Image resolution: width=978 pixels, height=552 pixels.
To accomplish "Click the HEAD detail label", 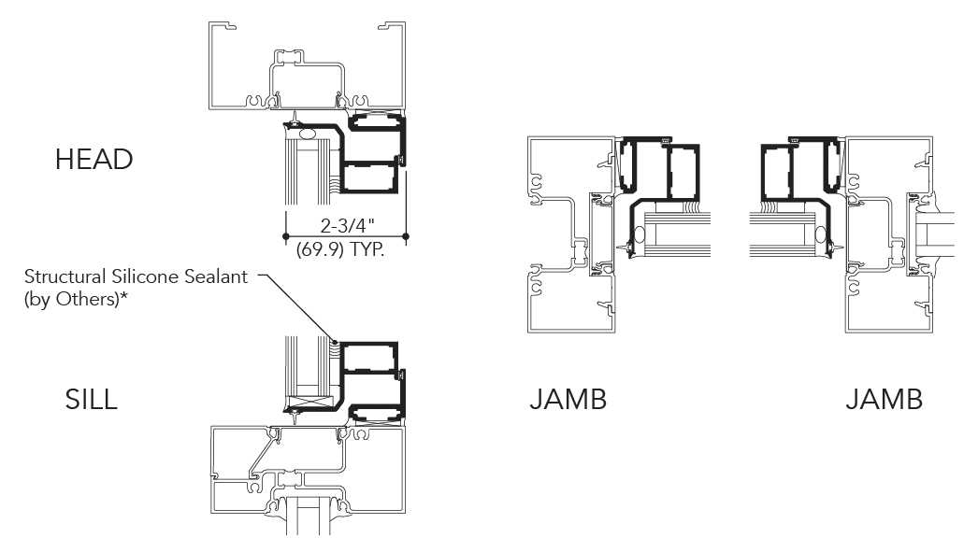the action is click(94, 160).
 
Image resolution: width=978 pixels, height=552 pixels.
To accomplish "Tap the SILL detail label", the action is click(91, 400).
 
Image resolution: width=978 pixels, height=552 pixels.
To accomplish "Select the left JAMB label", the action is click(568, 400).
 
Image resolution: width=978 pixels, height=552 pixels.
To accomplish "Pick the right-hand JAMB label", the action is click(884, 400).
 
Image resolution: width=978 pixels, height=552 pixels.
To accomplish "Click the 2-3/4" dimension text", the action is click(348, 225).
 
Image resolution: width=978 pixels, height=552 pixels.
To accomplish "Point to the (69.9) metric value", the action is click(321, 249).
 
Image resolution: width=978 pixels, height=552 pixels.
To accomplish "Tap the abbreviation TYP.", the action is click(367, 249).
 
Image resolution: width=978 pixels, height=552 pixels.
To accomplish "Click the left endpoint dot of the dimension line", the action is click(286, 236).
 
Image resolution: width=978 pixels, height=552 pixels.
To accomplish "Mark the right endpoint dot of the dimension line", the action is click(406, 236).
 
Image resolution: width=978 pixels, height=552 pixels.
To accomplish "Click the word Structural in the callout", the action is click(65, 276).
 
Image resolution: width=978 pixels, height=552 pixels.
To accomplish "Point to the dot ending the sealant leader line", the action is click(335, 342).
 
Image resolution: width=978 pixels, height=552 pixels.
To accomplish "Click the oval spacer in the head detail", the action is click(309, 134).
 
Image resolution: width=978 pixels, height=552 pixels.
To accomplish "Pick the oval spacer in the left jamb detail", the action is click(640, 236).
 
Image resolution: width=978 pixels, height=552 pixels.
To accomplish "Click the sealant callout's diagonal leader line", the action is click(297, 307).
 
